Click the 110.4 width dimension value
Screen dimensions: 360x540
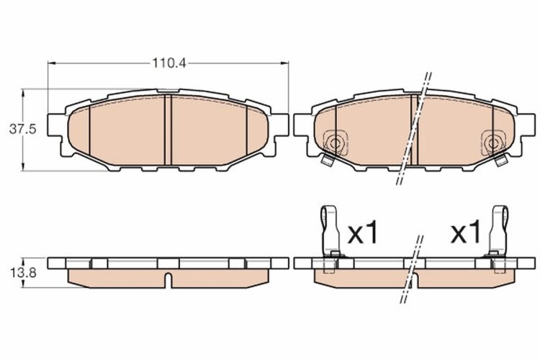pos(168,63)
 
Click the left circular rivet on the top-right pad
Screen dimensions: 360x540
pos(333,141)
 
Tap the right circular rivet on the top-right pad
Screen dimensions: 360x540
pos(494,141)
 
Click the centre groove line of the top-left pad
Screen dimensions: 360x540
pos(166,130)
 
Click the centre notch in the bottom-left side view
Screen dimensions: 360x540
pos(166,277)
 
